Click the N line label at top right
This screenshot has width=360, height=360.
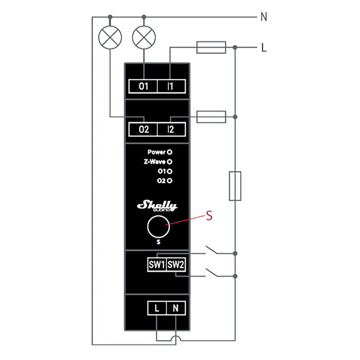click(264, 17)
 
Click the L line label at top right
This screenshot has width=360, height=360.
click(264, 48)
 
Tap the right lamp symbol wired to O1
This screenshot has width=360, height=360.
click(142, 37)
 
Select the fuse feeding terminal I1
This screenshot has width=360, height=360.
click(211, 48)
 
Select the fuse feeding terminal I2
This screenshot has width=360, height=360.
click(211, 116)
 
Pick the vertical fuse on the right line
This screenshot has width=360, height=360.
click(235, 186)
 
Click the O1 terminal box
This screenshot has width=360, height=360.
click(143, 86)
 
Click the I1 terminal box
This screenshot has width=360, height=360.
click(170, 86)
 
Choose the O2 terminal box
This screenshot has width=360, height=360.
click(143, 129)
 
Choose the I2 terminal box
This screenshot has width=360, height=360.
click(170, 129)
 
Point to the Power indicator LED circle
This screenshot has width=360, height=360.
click(169, 152)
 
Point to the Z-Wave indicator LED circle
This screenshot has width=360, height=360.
click(169, 162)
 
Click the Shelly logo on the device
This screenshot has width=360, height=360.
click(157, 207)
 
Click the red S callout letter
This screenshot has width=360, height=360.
click(209, 217)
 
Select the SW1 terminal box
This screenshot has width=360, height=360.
click(156, 265)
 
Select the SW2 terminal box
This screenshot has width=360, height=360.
click(176, 265)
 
